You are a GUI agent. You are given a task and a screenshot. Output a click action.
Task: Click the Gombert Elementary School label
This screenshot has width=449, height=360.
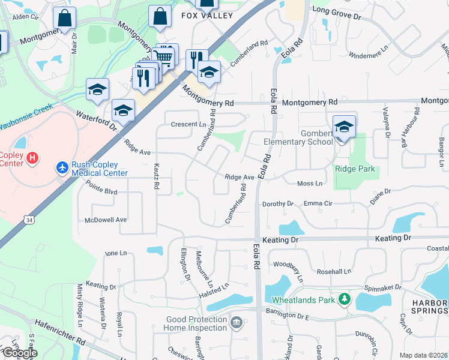click(298, 137)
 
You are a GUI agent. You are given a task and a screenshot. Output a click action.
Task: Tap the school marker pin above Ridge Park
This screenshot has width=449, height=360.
click(344, 127)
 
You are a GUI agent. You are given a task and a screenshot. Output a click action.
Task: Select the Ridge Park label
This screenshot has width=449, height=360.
click(355, 169)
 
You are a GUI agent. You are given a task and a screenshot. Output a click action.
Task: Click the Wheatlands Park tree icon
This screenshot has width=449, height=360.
click(344, 298)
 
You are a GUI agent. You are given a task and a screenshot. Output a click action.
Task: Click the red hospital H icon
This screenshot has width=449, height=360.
click(33, 158)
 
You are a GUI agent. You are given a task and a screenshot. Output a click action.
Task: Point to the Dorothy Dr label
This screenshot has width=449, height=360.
click(277, 204)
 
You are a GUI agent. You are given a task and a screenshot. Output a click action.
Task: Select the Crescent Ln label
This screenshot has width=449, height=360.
click(188, 124)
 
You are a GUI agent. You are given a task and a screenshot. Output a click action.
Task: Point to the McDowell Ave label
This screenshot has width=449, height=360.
click(106, 220)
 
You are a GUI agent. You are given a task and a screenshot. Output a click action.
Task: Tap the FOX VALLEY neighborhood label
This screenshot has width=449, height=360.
click(206, 16)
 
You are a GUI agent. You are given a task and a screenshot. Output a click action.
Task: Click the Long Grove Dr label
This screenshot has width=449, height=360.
click(337, 10)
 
